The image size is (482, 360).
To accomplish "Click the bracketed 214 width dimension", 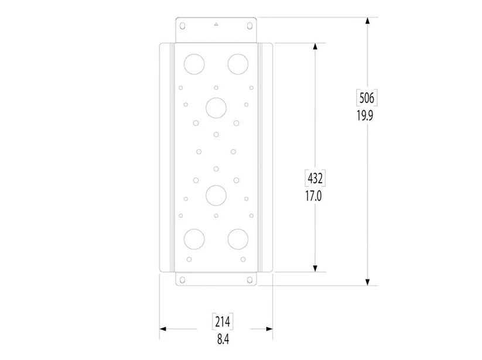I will pyautogui.click(x=222, y=322).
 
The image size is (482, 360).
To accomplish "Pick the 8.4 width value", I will pyautogui.click(x=222, y=339).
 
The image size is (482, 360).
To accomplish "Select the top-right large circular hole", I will pyautogui.click(x=238, y=63).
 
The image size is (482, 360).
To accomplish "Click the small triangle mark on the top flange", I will pyautogui.click(x=216, y=25).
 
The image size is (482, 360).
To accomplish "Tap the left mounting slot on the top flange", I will pyautogui.click(x=182, y=26).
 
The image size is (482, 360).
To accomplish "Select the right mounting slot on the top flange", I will pyautogui.click(x=249, y=26).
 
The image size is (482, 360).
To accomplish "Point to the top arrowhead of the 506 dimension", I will pyautogui.click(x=367, y=21).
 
